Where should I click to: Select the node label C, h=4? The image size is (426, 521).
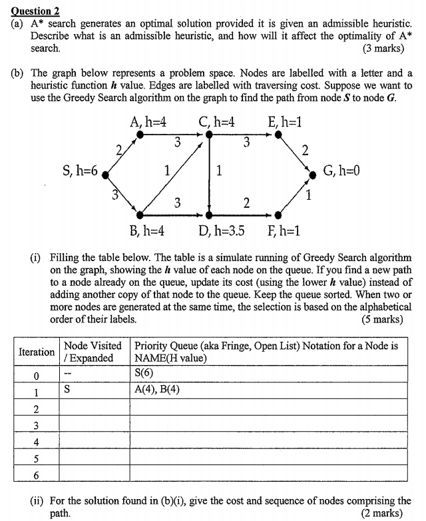coord(217,122)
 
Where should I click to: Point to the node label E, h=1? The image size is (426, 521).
coord(286,122)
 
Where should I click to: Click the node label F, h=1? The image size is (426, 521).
coord(282,231)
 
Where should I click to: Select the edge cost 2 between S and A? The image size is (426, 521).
coord(118,149)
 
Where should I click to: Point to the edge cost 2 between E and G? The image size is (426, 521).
coord(305,150)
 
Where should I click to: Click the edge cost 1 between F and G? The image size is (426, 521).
coord(308,196)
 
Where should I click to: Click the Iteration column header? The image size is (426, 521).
coord(37,351)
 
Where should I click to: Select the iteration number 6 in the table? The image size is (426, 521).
coord(36,474)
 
